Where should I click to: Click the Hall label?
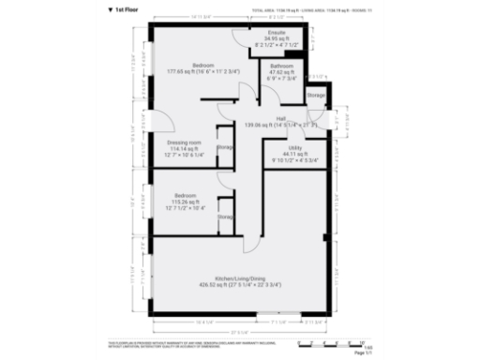[x=280, y=119]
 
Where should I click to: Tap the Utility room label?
[x=294, y=147]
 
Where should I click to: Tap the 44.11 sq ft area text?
[x=294, y=153]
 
